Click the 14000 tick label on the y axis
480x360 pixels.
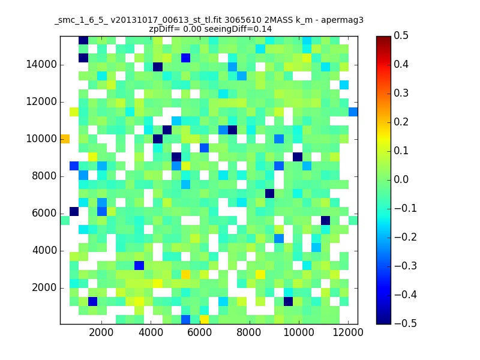pyautogui.click(x=41, y=65)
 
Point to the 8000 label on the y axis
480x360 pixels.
pyautogui.click(x=44, y=176)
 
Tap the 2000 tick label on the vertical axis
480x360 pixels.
pyautogui.click(x=44, y=287)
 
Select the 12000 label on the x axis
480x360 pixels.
pyautogui.click(x=348, y=332)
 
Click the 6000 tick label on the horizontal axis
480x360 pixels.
pyautogui.click(x=200, y=332)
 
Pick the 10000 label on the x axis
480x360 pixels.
pyautogui.click(x=298, y=332)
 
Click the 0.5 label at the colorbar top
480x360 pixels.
pyautogui.click(x=401, y=35)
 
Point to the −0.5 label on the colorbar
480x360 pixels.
pyautogui.click(x=406, y=323)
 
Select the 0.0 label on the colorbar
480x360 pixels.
pyautogui.click(x=401, y=179)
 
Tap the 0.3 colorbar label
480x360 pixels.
pyautogui.click(x=401, y=93)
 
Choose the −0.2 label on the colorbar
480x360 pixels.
pyautogui.click(x=406, y=237)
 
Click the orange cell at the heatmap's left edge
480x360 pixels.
pyautogui.click(x=65, y=139)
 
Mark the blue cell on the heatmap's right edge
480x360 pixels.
pyautogui.click(x=353, y=112)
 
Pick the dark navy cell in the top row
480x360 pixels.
pyautogui.click(x=83, y=40)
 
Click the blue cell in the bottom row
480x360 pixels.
pyautogui.click(x=185, y=319)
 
